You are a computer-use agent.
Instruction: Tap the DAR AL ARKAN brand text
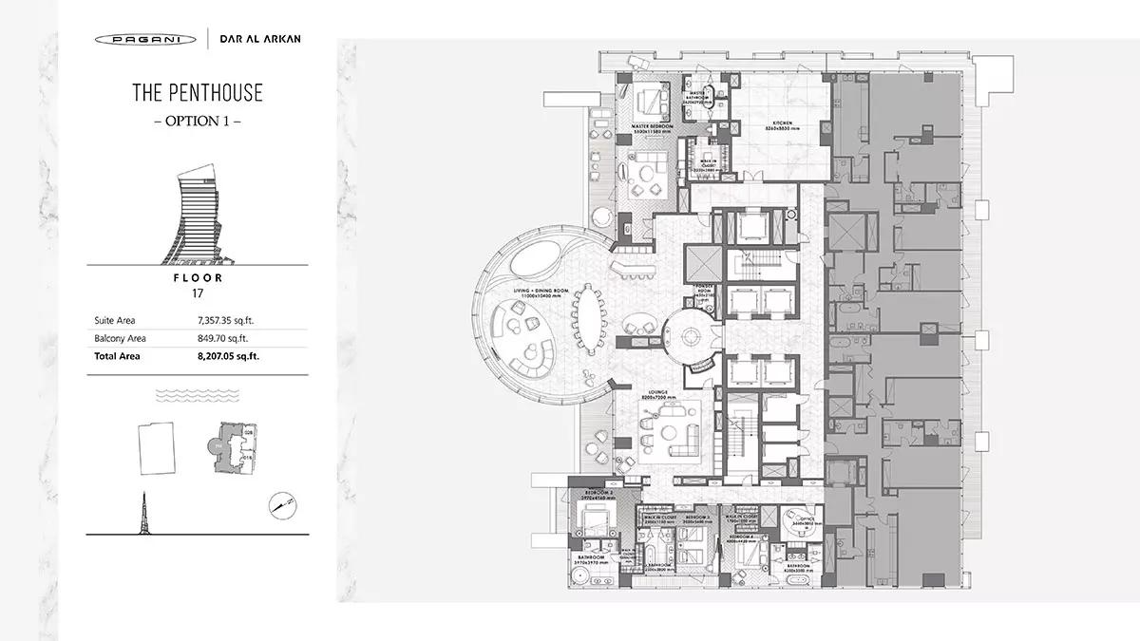tap(259, 40)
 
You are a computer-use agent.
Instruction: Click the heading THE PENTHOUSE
tap(198, 93)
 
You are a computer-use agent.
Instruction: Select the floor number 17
tap(199, 294)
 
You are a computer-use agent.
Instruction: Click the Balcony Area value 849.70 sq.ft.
tap(222, 338)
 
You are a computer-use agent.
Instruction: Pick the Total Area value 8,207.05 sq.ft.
tap(228, 356)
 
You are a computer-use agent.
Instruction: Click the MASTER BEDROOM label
tap(653, 125)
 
